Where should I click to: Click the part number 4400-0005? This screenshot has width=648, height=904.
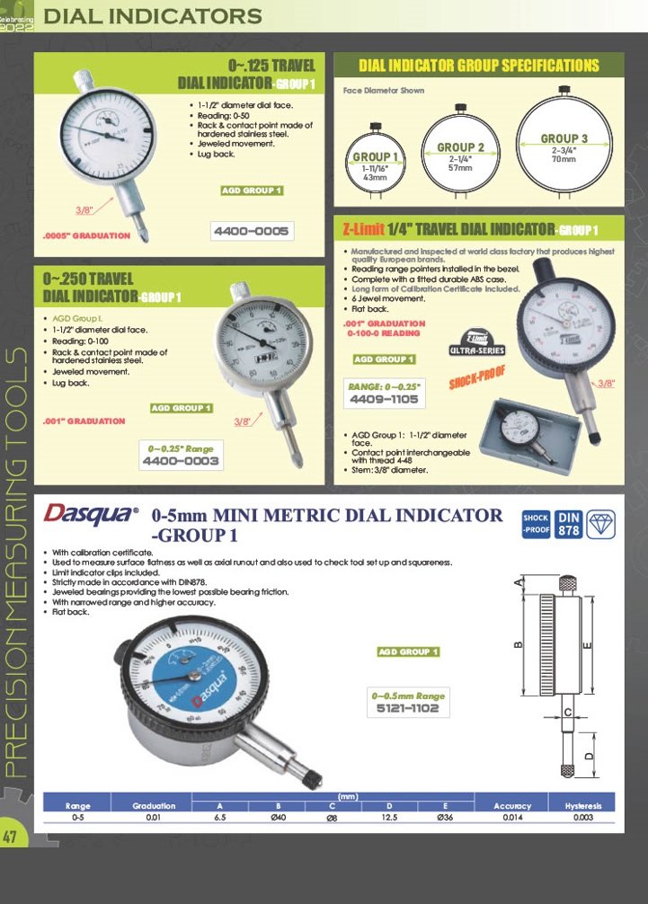(x=252, y=232)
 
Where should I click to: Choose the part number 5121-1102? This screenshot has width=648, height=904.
(x=408, y=708)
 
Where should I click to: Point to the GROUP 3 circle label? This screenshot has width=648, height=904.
(x=564, y=138)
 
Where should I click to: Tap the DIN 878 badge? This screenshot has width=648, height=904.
(x=569, y=524)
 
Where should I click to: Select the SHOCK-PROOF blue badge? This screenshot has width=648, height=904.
(x=536, y=524)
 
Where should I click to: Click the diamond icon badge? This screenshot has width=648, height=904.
(x=601, y=524)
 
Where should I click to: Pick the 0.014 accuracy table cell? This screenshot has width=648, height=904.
(x=512, y=818)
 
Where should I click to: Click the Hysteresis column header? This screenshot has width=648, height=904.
(x=582, y=806)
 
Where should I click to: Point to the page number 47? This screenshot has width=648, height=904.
(x=12, y=836)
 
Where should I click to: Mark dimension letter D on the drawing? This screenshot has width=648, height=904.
(x=589, y=757)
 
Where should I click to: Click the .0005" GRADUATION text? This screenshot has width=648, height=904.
(x=87, y=236)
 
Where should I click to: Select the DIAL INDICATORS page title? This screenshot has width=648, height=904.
(x=153, y=15)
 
